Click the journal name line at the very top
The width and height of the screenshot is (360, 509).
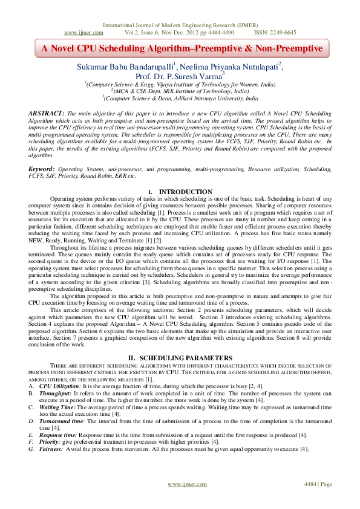tap(180, 25)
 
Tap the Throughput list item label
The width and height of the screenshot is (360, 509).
tap(58, 392)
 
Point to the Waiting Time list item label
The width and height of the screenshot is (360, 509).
tap(59, 407)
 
